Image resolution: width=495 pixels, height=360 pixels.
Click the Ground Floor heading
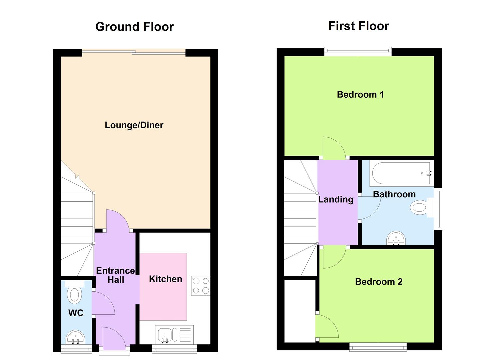coord(134,27)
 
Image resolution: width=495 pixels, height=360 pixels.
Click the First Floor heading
coord(358,26)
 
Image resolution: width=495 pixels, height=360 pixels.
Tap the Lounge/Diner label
coord(134,125)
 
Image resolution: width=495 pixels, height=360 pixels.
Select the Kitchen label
coord(165,279)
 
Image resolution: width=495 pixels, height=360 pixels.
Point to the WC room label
coord(76,313)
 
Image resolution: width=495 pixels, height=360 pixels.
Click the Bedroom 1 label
coord(360,95)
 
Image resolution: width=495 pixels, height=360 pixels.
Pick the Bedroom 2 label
coord(379,282)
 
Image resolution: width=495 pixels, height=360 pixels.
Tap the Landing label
coord(336,199)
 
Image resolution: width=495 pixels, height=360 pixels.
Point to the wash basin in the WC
coord(76,337)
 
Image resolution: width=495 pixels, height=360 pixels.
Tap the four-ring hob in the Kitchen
coord(201,286)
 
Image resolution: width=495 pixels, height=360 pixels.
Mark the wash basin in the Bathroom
coord(396,238)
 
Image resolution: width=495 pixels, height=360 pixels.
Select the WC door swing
coord(103,303)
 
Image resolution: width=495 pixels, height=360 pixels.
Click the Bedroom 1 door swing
coord(333,148)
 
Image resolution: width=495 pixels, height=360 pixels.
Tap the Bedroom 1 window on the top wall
coord(358,51)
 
